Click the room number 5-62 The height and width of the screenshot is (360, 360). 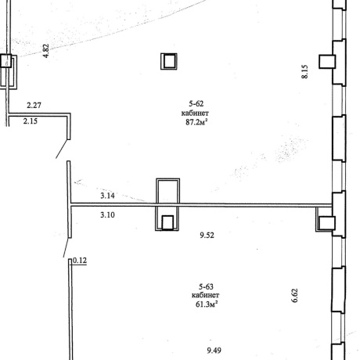click(196, 104)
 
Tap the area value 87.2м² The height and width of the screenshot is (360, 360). click(196, 122)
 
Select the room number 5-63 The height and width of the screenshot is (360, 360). click(206, 286)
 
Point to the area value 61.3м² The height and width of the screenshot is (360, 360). click(207, 304)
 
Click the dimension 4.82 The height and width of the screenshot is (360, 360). click(45, 51)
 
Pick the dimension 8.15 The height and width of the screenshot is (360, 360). click(304, 72)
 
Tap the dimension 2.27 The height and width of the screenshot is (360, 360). click(34, 105)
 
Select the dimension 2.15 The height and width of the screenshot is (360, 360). click(31, 121)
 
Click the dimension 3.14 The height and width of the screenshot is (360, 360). click(107, 196)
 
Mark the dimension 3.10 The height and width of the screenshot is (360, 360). click(107, 215)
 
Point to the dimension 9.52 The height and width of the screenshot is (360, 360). click(207, 235)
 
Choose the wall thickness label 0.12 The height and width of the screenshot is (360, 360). click(80, 261)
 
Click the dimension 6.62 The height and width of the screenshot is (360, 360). click(294, 295)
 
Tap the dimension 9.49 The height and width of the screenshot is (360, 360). click(214, 351)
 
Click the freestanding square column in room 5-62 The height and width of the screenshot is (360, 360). click(169, 61)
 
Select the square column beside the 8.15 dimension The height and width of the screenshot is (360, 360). click(327, 62)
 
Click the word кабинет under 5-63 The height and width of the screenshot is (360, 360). click(205, 295)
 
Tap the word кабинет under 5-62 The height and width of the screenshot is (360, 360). click(195, 113)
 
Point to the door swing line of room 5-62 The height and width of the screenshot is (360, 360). click(63, 149)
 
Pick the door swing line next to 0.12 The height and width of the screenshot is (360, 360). click(66, 247)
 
